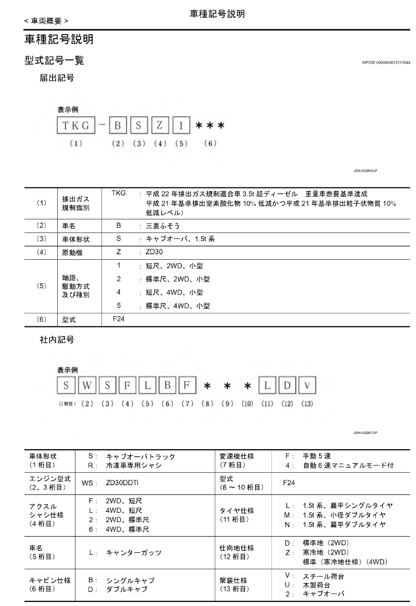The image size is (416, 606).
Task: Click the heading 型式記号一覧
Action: pyautogui.click(x=55, y=62)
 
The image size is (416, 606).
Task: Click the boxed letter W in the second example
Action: pyautogui.click(x=88, y=387)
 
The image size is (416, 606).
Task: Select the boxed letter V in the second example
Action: pyautogui.click(x=308, y=387)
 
